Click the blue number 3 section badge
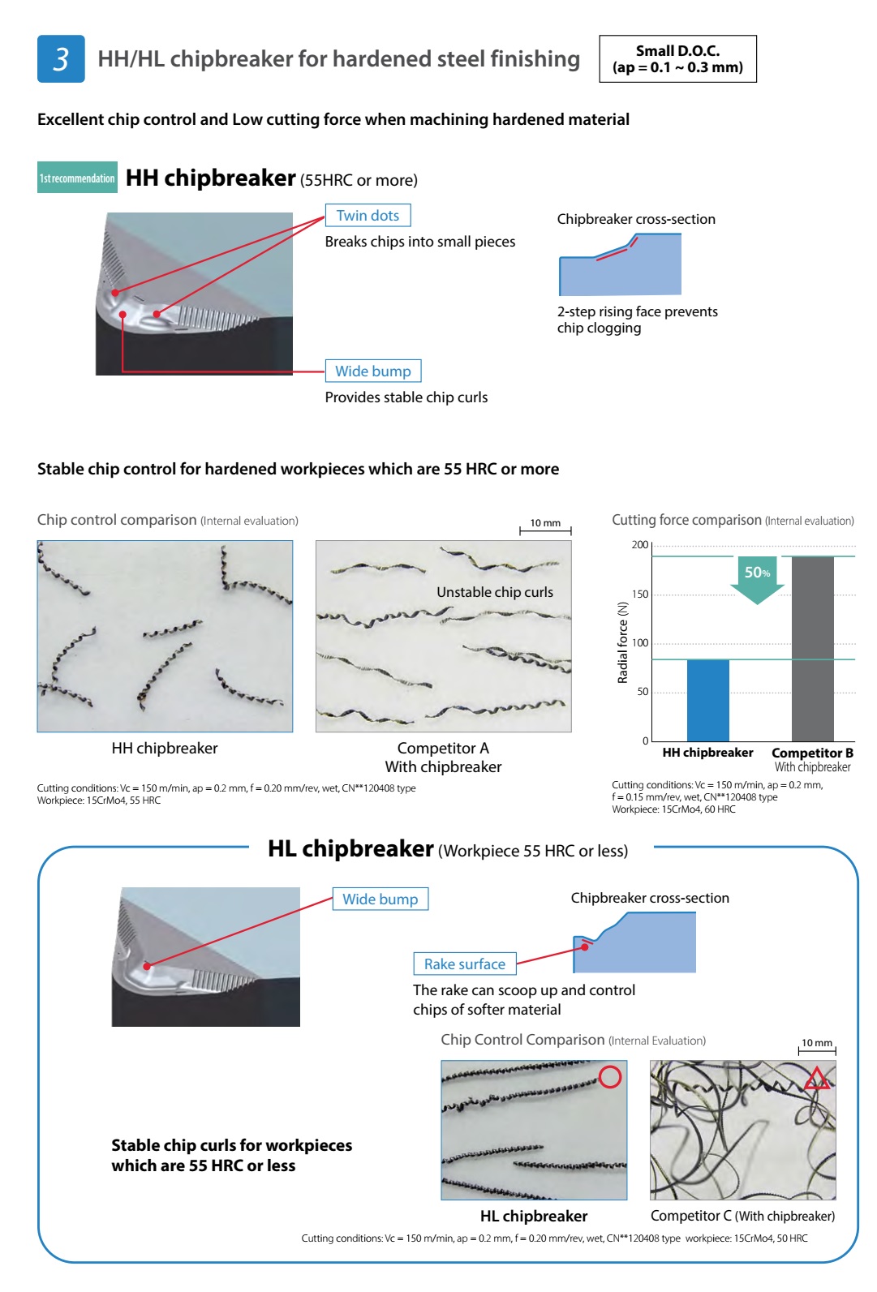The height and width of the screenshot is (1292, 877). pyautogui.click(x=61, y=59)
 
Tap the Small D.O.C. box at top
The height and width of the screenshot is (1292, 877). pyautogui.click(x=677, y=59)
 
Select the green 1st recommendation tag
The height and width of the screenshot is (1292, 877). pyautogui.click(x=77, y=178)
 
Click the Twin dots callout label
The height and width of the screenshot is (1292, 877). pyautogui.click(x=368, y=216)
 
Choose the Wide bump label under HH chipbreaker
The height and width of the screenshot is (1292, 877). pyautogui.click(x=372, y=371)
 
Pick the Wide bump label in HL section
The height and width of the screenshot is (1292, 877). pyautogui.click(x=380, y=899)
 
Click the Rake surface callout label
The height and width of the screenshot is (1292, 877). pyautogui.click(x=464, y=964)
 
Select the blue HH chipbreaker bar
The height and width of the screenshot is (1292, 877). pyautogui.click(x=707, y=700)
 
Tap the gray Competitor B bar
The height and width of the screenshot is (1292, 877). pyautogui.click(x=812, y=648)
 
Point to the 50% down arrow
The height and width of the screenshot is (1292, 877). pyautogui.click(x=757, y=579)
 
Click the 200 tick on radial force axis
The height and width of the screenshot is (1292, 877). pyautogui.click(x=640, y=545)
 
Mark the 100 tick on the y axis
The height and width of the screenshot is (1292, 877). pyautogui.click(x=640, y=643)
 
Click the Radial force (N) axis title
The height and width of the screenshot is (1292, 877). pyautogui.click(x=623, y=642)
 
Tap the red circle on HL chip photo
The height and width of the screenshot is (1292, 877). pyautogui.click(x=610, y=1076)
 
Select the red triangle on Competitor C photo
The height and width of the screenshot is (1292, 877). pyautogui.click(x=816, y=1079)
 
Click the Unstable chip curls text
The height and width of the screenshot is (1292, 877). pyautogui.click(x=495, y=592)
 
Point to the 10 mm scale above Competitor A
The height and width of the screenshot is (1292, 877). pyautogui.click(x=545, y=526)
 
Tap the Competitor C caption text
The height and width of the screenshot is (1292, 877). pyautogui.click(x=742, y=1216)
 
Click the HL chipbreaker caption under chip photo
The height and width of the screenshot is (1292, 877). pyautogui.click(x=534, y=1216)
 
